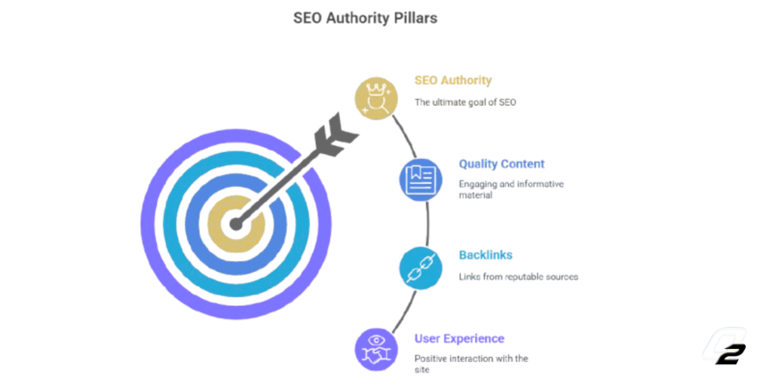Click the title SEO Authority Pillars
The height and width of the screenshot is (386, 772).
(365, 18)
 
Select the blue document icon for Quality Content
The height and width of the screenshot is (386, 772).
(421, 179)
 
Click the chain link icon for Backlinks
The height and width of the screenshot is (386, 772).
(421, 268)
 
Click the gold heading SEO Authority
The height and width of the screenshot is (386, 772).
(453, 80)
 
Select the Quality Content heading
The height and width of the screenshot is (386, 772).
(501, 164)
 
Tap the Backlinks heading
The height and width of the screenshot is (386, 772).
(486, 255)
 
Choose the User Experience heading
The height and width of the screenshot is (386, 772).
(459, 339)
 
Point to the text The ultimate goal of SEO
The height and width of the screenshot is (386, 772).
(465, 103)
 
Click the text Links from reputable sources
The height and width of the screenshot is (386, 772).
(519, 277)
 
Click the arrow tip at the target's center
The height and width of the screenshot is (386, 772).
(236, 225)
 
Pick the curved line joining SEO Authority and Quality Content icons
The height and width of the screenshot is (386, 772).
(405, 137)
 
